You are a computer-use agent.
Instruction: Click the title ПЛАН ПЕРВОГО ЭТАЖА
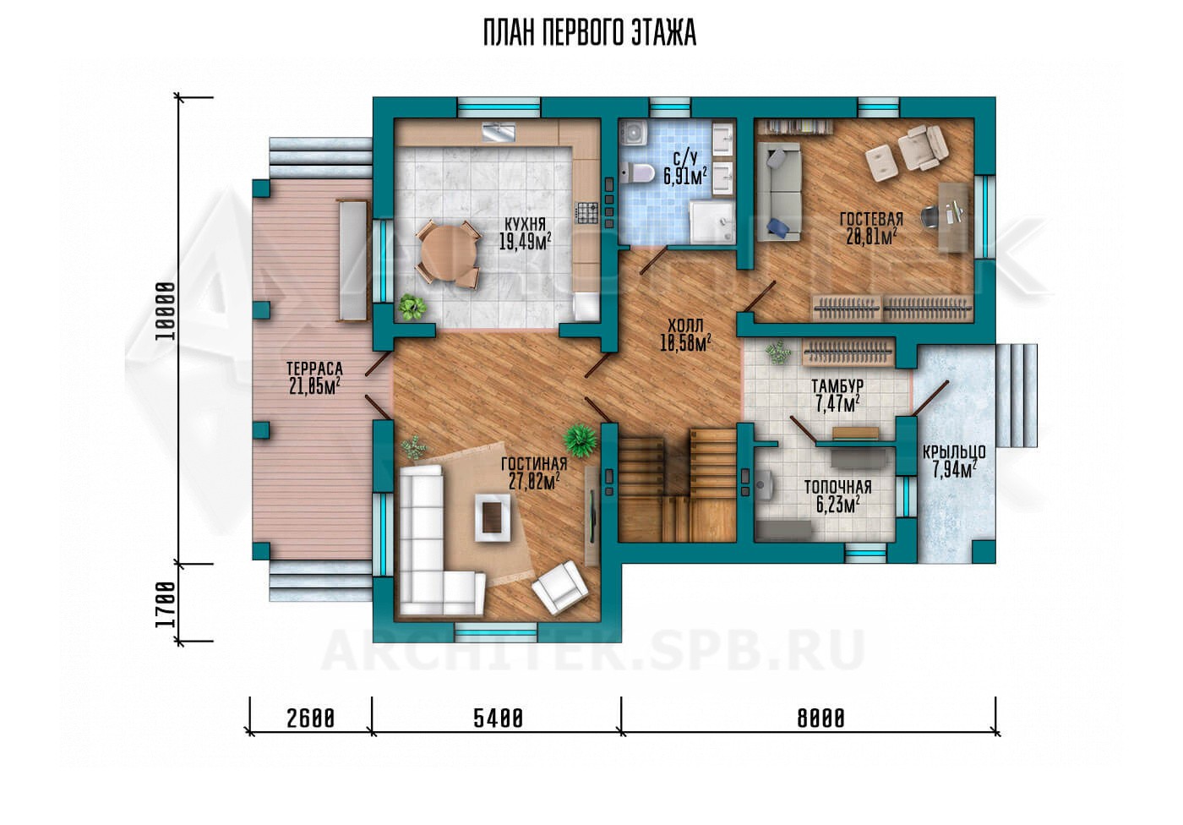(590, 34)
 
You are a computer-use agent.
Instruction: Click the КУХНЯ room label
(525, 223)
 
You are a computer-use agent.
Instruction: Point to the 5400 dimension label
(498, 718)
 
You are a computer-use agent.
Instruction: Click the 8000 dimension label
(820, 718)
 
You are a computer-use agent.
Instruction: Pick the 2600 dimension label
(311, 718)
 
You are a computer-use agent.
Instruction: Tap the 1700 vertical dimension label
(166, 604)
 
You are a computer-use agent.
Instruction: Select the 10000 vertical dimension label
(166, 312)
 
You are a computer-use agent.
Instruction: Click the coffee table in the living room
(493, 517)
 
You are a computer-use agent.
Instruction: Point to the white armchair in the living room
(560, 587)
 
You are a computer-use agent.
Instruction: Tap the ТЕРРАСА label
(314, 369)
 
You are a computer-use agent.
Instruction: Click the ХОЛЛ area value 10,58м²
(685, 343)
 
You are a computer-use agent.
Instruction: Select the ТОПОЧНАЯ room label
(837, 488)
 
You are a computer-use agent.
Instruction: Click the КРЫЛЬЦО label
(954, 452)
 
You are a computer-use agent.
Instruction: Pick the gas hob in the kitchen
(586, 213)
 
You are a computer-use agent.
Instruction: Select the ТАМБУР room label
(837, 386)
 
